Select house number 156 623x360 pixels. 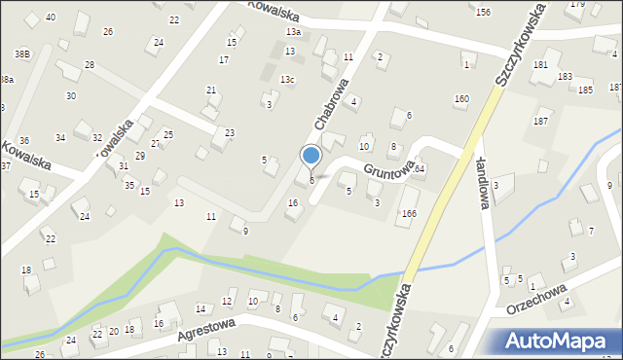[x=483, y=12]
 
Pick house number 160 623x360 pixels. [x=461, y=99]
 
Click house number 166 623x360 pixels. [x=409, y=213]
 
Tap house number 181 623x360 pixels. [x=540, y=65]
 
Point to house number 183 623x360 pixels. [x=565, y=77]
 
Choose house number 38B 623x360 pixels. [x=22, y=54]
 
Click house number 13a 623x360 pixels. [x=293, y=32]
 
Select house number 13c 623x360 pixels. [x=287, y=80]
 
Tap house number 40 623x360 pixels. [x=51, y=18]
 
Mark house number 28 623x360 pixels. [x=90, y=64]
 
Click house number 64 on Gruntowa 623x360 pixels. [x=420, y=169]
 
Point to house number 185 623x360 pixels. [x=585, y=90]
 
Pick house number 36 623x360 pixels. [x=24, y=141]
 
